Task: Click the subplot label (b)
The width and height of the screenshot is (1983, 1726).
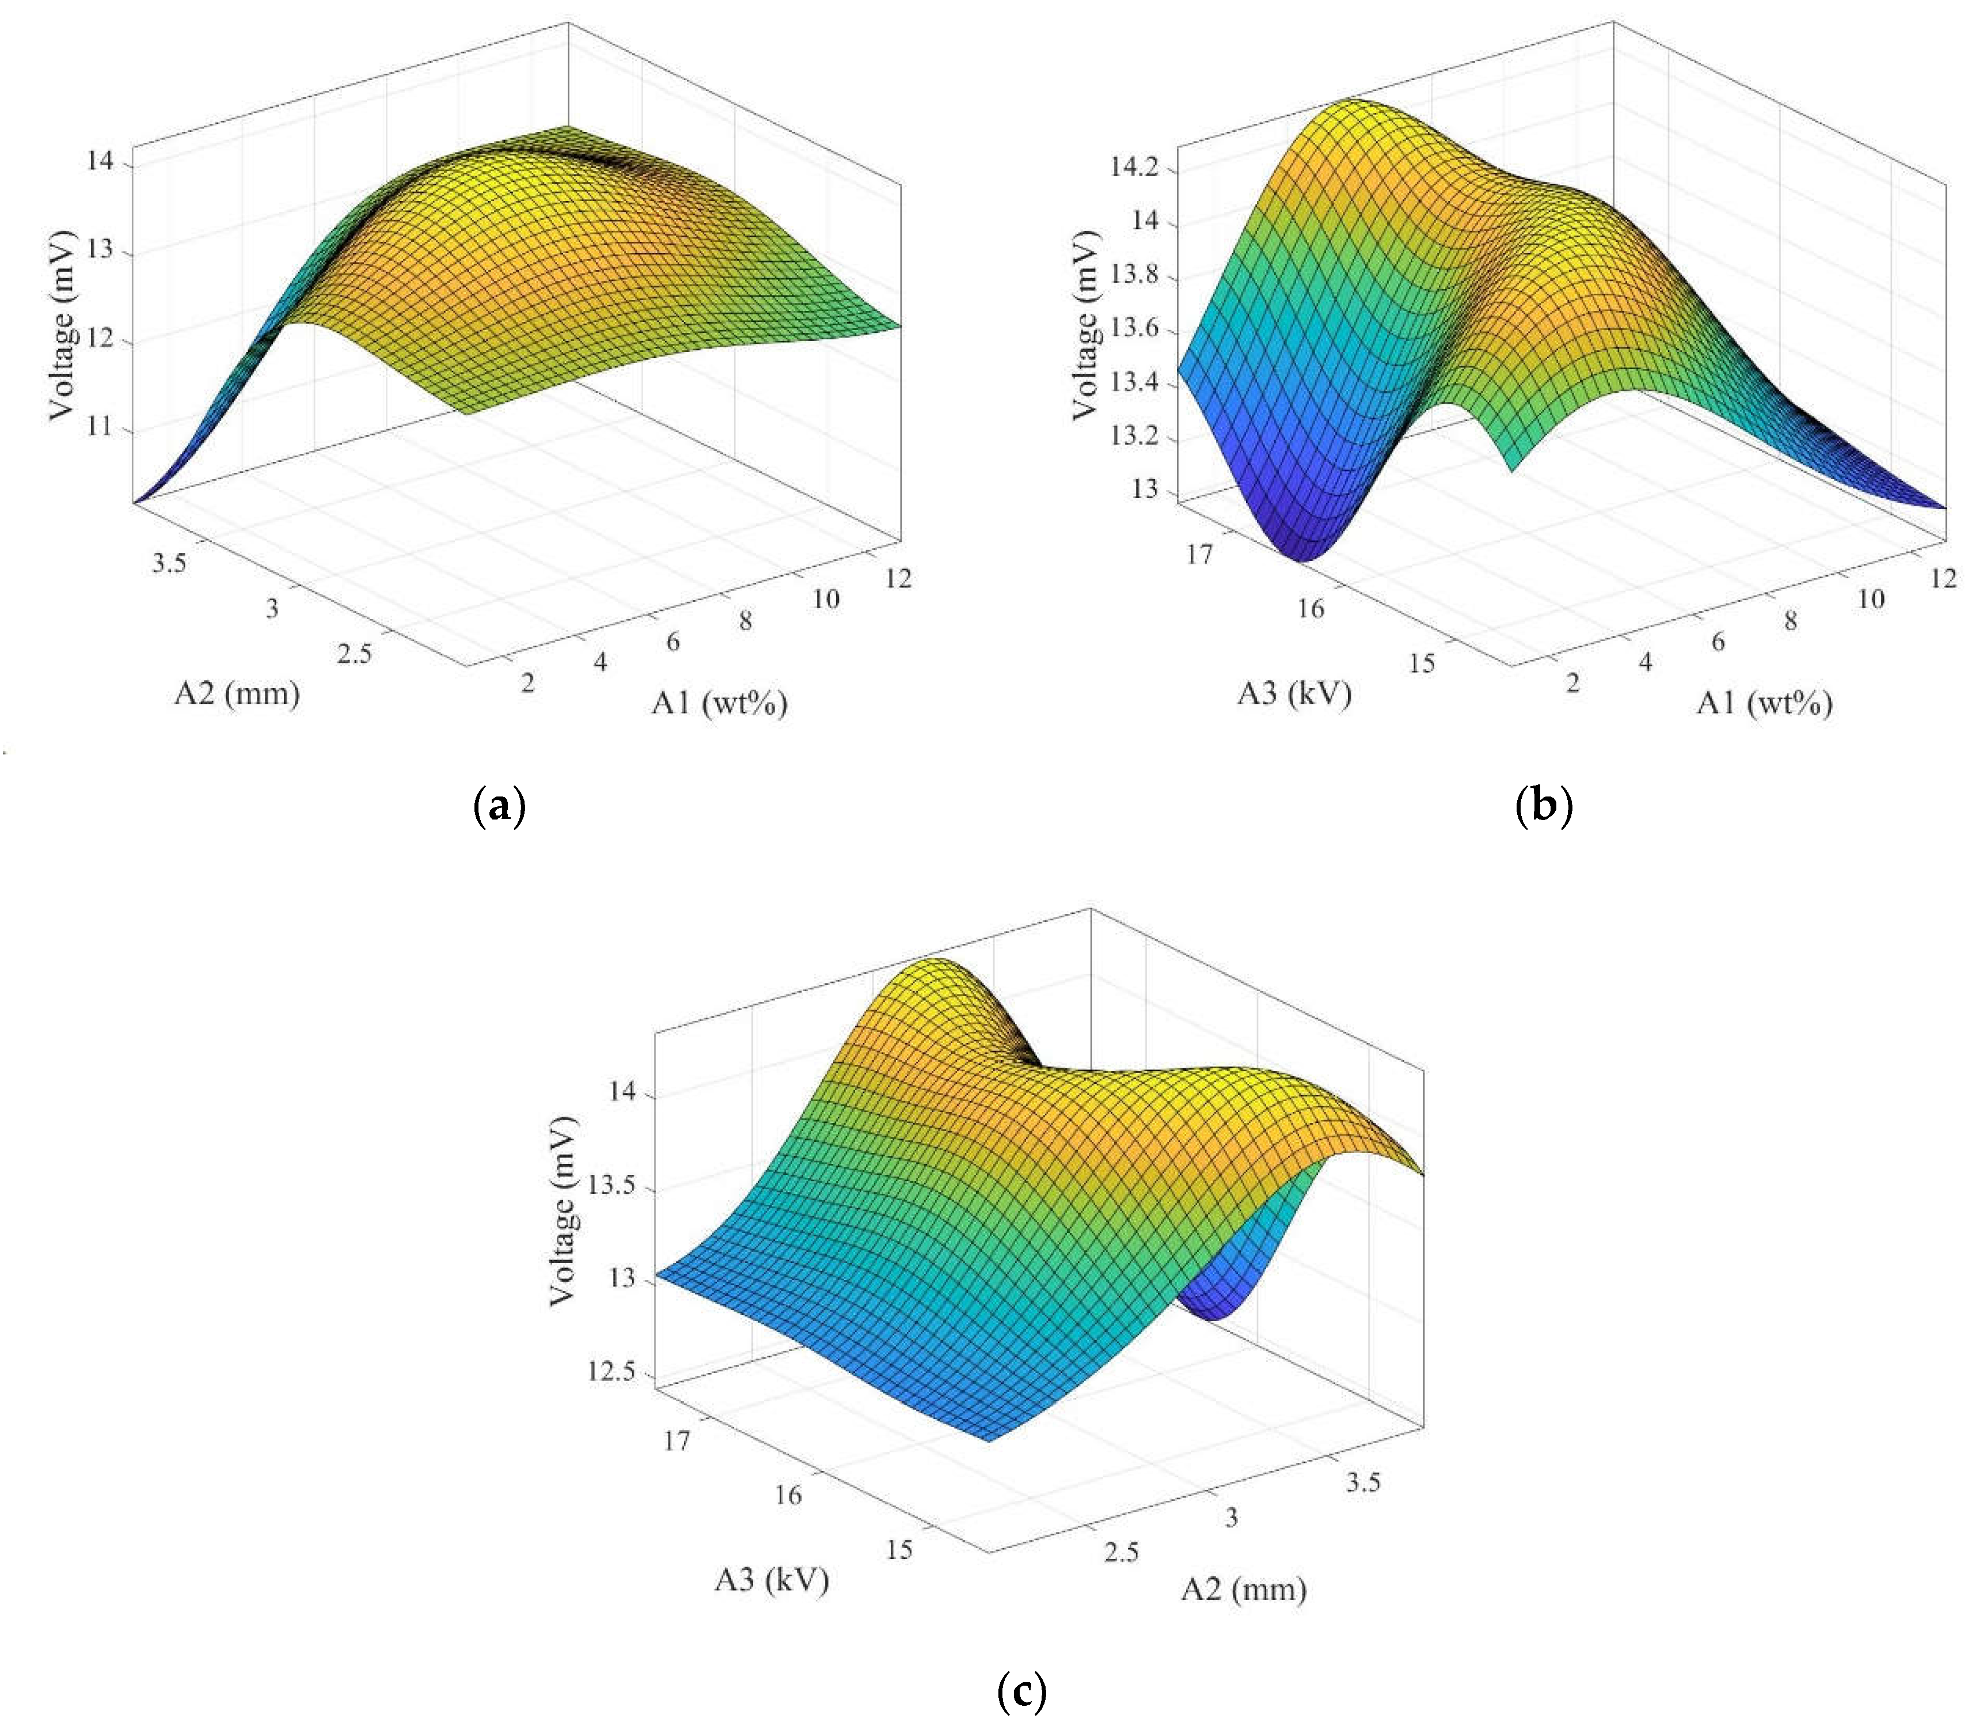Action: [1544, 805]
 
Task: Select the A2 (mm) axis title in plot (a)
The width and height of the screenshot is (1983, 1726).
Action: [237, 692]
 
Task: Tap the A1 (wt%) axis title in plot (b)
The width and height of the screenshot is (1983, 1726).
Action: [1764, 704]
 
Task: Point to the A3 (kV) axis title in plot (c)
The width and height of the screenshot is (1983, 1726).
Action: [772, 1580]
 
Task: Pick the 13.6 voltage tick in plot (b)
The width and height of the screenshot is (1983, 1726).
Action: [1134, 331]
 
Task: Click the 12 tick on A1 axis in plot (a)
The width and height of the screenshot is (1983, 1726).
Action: [898, 579]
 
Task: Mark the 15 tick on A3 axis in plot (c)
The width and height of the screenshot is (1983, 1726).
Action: [899, 1550]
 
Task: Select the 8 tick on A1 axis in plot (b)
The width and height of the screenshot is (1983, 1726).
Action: [1790, 621]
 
